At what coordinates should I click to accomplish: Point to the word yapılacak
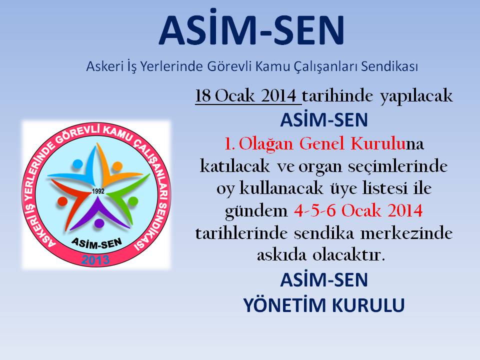click(x=416, y=96)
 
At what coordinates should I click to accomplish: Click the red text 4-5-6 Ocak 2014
click(x=358, y=210)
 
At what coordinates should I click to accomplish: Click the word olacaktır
click(x=348, y=255)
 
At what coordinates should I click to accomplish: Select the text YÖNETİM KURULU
click(x=324, y=305)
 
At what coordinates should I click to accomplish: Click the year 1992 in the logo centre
click(x=98, y=191)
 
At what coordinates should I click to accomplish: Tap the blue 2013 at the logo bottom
click(x=95, y=260)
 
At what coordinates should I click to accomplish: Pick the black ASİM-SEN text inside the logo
click(x=96, y=243)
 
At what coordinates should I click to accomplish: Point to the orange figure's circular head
click(x=117, y=167)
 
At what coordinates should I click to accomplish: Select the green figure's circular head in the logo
click(x=132, y=201)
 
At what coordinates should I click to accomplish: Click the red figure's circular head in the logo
click(x=62, y=201)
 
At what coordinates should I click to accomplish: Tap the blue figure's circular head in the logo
click(x=77, y=164)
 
